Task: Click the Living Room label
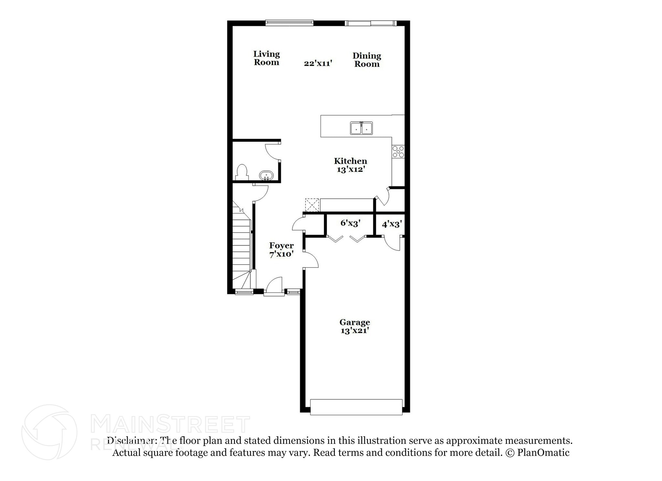[x=266, y=58]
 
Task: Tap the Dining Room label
[x=367, y=60]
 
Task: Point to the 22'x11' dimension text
[x=318, y=63]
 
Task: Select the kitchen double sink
[x=361, y=128]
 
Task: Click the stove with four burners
[x=398, y=152]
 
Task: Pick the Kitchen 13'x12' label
[x=350, y=165]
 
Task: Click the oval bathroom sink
[x=266, y=176]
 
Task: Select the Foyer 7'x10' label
[x=281, y=250]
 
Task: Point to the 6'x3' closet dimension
[x=350, y=223]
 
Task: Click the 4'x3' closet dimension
[x=392, y=224]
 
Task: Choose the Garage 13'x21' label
[x=355, y=326]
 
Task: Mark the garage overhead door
[x=356, y=407]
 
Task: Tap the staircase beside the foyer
[x=241, y=246]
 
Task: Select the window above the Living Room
[x=289, y=23]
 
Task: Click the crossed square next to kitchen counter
[x=312, y=205]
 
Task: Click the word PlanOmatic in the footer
[x=543, y=453]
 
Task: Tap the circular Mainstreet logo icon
[x=49, y=432]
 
